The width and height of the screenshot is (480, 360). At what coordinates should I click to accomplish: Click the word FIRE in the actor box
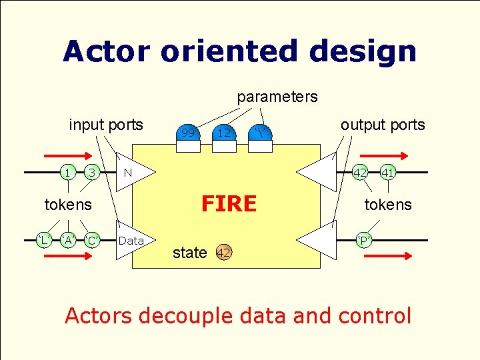pyautogui.click(x=229, y=203)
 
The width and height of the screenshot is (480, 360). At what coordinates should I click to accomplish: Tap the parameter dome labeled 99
pyautogui.click(x=189, y=133)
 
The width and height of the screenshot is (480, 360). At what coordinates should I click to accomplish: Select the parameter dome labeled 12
pyautogui.click(x=224, y=133)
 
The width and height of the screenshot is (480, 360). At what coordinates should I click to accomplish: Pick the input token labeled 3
pyautogui.click(x=93, y=173)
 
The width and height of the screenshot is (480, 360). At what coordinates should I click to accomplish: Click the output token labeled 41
pyautogui.click(x=388, y=173)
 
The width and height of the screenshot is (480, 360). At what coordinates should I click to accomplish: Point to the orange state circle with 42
pyautogui.click(x=224, y=253)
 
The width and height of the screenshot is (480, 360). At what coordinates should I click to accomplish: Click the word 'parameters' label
pyautogui.click(x=277, y=97)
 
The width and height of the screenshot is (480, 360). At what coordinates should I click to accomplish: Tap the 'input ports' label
pyautogui.click(x=106, y=125)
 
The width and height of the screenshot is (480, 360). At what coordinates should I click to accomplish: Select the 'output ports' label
pyautogui.click(x=383, y=125)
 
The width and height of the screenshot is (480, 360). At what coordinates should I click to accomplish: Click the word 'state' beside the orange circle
pyautogui.click(x=189, y=253)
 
